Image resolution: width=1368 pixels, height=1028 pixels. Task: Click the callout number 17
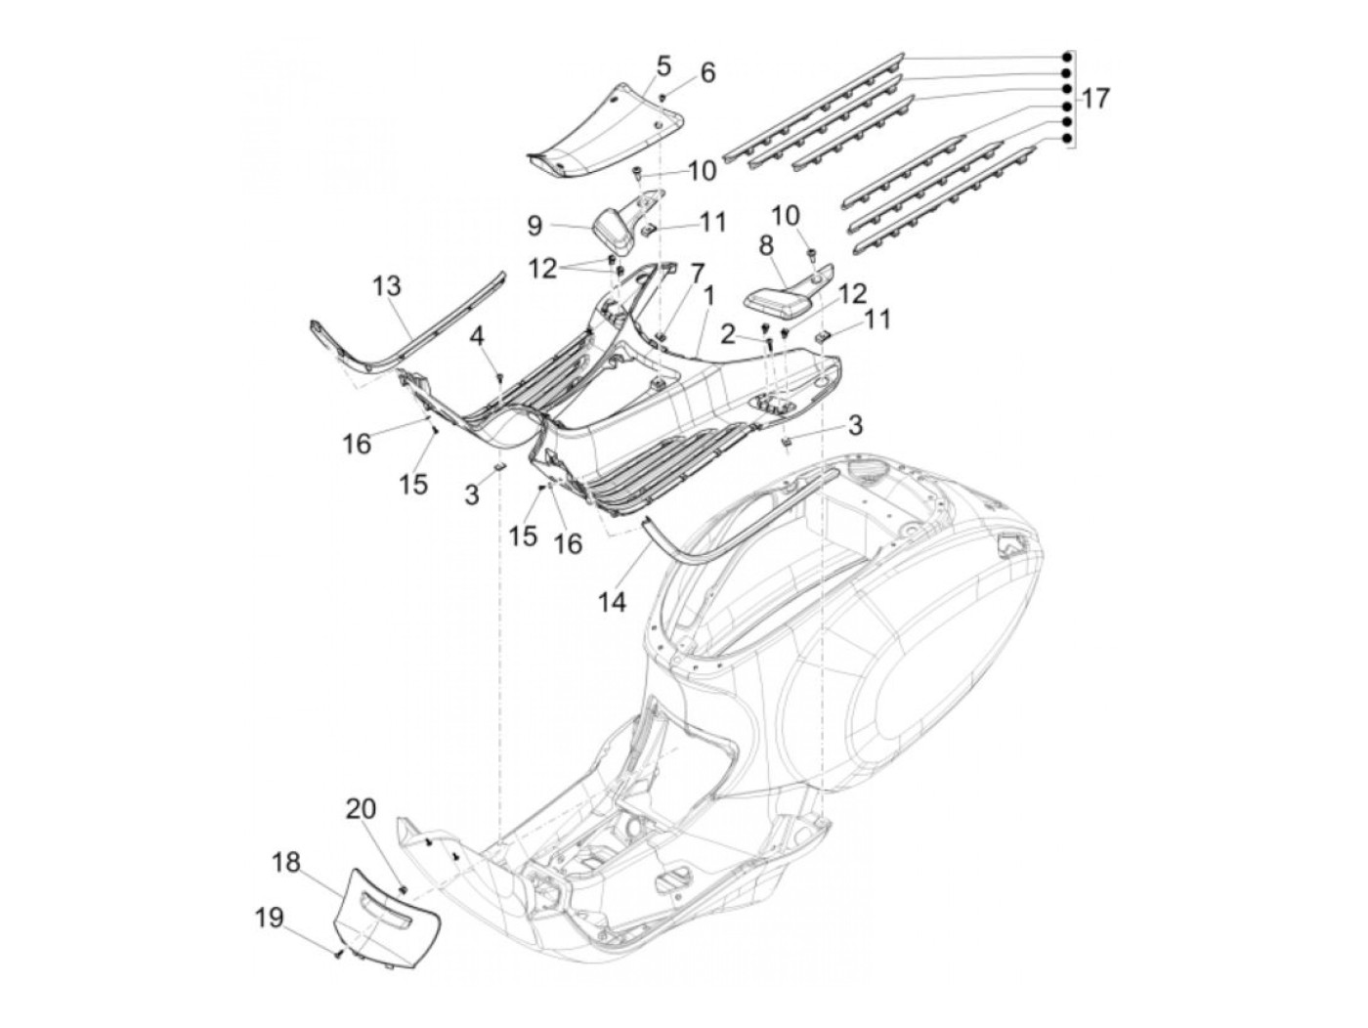[1096, 99]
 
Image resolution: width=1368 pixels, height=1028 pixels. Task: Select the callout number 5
[663, 66]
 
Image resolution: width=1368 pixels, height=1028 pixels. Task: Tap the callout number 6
[707, 73]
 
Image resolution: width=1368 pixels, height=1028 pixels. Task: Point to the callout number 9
[534, 226]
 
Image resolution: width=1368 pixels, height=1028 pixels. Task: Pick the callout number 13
[387, 286]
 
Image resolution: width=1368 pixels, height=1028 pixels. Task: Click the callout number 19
[270, 918]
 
